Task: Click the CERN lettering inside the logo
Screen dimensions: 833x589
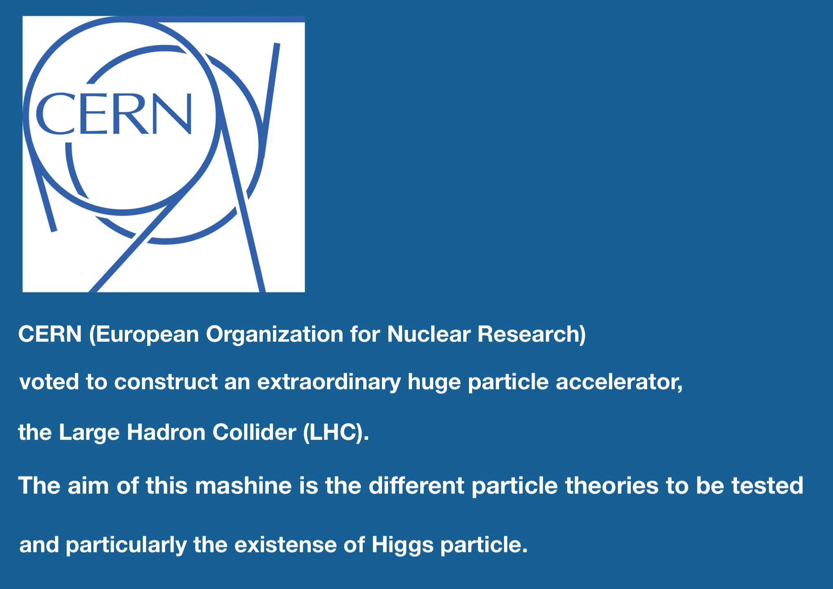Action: click(114, 114)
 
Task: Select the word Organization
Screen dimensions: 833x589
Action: click(275, 335)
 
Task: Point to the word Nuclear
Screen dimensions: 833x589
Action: click(429, 334)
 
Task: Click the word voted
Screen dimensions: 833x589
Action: click(49, 382)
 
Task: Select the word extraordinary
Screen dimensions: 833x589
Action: click(329, 383)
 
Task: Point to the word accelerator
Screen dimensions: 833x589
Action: click(619, 382)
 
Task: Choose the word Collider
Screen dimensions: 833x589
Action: click(254, 432)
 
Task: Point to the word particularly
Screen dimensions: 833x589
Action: click(126, 545)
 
